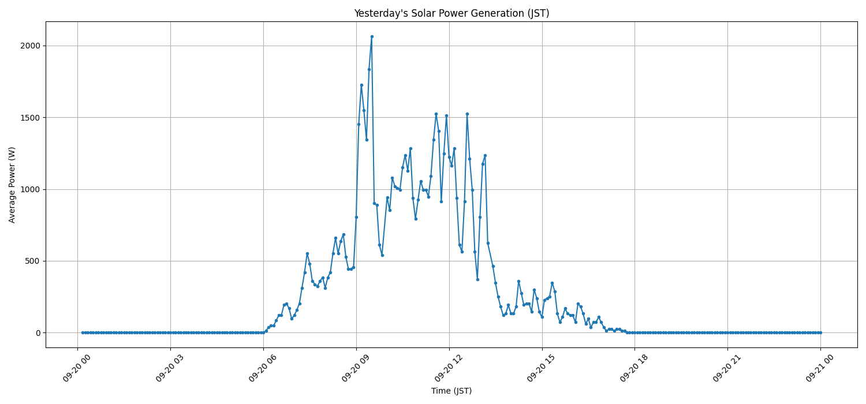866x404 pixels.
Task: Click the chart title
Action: [451, 13]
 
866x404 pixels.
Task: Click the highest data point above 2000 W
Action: [372, 36]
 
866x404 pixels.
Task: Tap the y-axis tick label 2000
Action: [30, 46]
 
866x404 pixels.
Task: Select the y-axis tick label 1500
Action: [30, 118]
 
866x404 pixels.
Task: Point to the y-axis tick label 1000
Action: [30, 189]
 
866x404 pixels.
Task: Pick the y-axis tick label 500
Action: [32, 261]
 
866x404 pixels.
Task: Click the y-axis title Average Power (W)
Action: [12, 185]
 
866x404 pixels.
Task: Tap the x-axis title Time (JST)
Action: [451, 391]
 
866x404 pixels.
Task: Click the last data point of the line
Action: [820, 332]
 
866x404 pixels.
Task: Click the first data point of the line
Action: [83, 332]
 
